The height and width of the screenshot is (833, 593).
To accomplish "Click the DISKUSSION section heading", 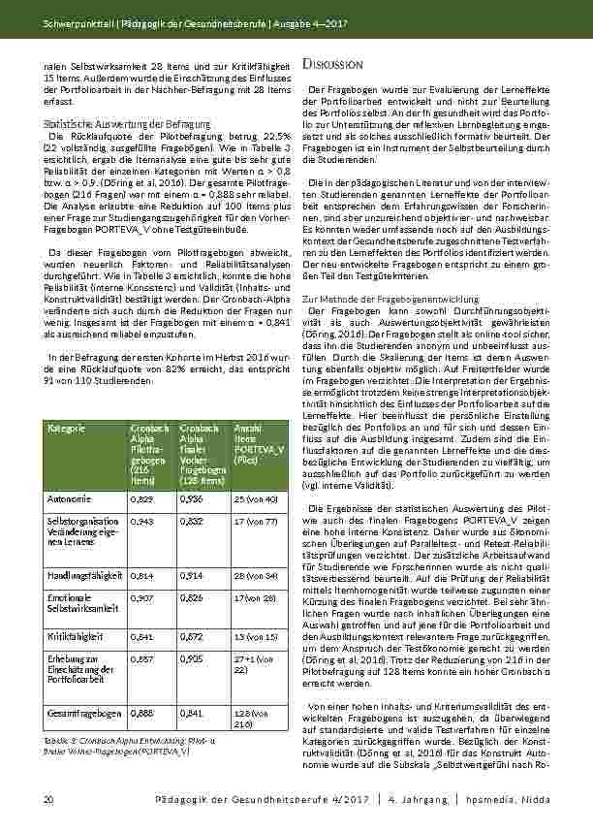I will (333, 63).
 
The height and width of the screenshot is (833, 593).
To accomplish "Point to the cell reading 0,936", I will (190, 498).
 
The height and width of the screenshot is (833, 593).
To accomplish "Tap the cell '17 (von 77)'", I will (254, 522).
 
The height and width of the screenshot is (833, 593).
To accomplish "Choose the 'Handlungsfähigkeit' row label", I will (81, 574).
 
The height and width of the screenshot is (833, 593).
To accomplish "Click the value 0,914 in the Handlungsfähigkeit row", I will (190, 574).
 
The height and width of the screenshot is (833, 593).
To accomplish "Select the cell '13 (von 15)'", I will (254, 636).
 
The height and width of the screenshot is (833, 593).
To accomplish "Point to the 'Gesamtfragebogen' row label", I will (79, 711).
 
